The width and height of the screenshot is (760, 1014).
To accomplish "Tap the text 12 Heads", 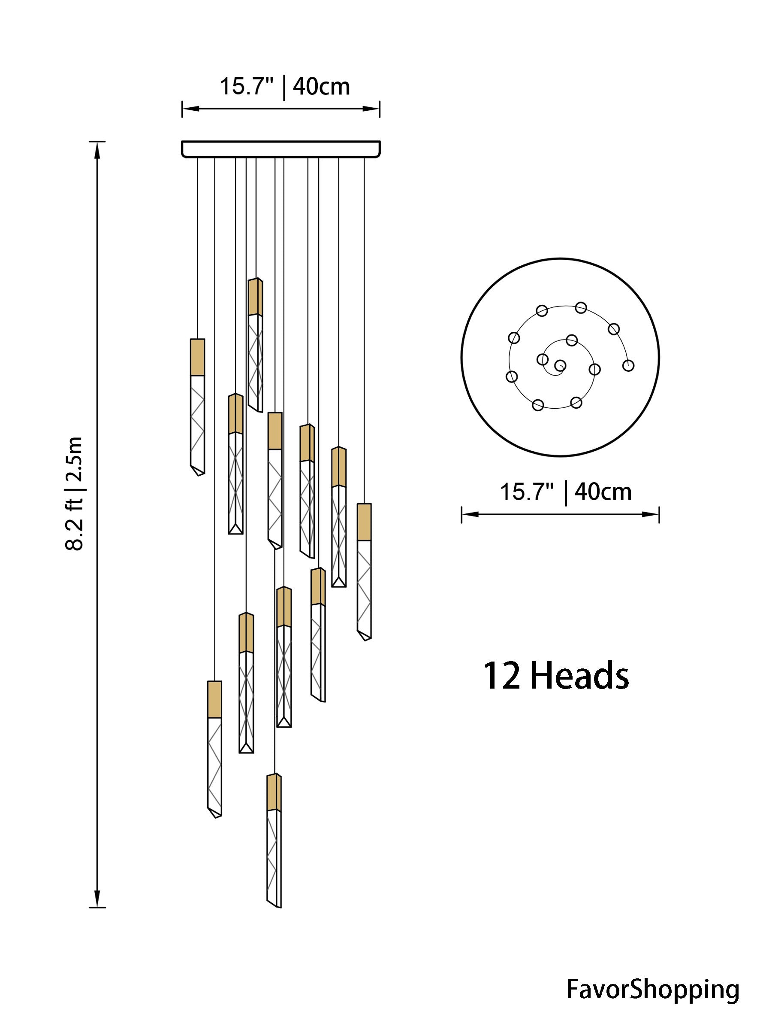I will (x=556, y=677).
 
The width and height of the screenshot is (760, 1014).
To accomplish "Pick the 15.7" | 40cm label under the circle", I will (x=566, y=492).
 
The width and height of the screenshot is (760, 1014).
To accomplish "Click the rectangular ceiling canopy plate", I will (x=281, y=149).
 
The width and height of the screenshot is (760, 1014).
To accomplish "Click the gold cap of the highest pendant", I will (x=255, y=297).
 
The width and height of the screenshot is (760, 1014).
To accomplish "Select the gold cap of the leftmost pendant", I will (x=197, y=357).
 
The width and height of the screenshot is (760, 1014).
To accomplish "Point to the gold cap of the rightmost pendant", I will (x=364, y=522).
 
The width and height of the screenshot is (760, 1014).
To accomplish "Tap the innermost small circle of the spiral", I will (x=559, y=365).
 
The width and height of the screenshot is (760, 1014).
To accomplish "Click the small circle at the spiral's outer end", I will (x=628, y=365).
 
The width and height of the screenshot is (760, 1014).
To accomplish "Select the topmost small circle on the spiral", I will (x=581, y=307).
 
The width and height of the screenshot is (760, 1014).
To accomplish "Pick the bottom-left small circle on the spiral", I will (x=538, y=405).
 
